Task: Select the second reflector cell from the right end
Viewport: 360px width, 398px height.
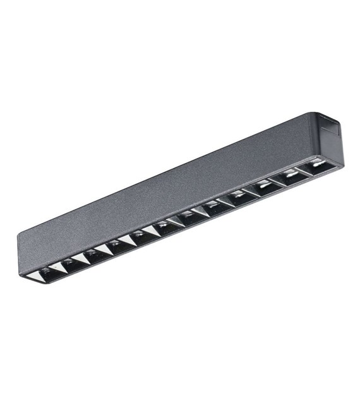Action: [x=291, y=176]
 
